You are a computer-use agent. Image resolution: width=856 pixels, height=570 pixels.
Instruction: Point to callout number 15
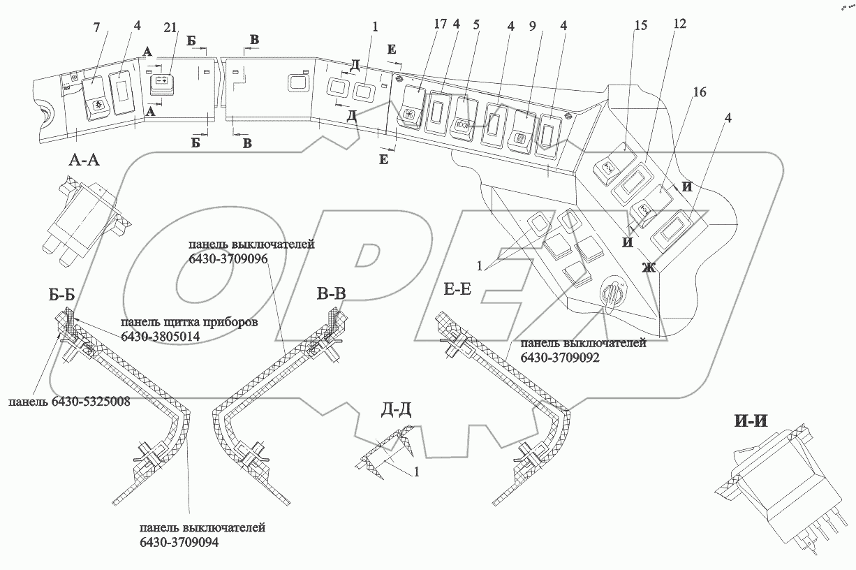pyautogui.click(x=640, y=26)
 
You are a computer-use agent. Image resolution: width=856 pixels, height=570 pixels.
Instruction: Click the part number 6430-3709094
pyautogui.click(x=178, y=542)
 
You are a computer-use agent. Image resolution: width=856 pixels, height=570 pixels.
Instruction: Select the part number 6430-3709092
pyautogui.click(x=559, y=356)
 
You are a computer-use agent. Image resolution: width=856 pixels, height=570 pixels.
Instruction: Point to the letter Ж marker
pyautogui.click(x=650, y=266)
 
